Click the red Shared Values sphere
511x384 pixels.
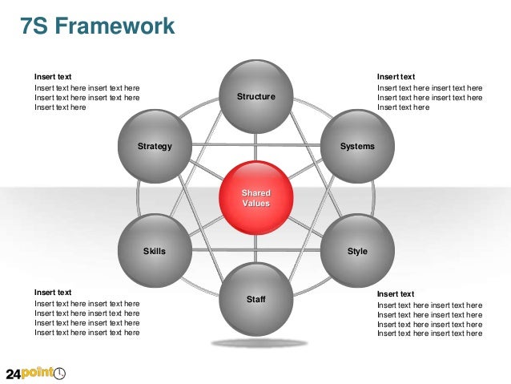(255, 198)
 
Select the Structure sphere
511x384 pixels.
(255, 97)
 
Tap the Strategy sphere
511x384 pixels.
(155, 147)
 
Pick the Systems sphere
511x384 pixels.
(357, 147)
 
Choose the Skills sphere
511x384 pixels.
(155, 251)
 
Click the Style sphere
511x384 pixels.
(357, 251)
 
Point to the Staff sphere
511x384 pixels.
(255, 299)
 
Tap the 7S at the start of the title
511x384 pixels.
(34, 26)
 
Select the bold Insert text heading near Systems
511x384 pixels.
(396, 77)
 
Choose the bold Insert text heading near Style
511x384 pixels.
(396, 294)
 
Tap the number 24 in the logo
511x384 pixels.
(14, 374)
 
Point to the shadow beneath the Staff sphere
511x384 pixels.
(259, 343)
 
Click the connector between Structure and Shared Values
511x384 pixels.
(255, 147)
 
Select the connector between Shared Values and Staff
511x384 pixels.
(255, 249)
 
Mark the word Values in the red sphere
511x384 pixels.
(256, 204)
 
